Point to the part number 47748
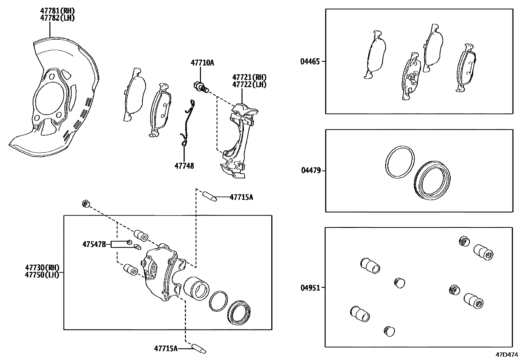coord(184,166)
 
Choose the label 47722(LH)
coord(249,85)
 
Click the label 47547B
coord(94,244)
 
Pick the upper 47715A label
coord(241,197)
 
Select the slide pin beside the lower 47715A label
coord(199,348)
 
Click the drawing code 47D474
coord(507,355)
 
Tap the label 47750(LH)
coord(42,275)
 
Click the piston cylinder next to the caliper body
coord(196,288)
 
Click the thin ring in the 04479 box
coord(399,162)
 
